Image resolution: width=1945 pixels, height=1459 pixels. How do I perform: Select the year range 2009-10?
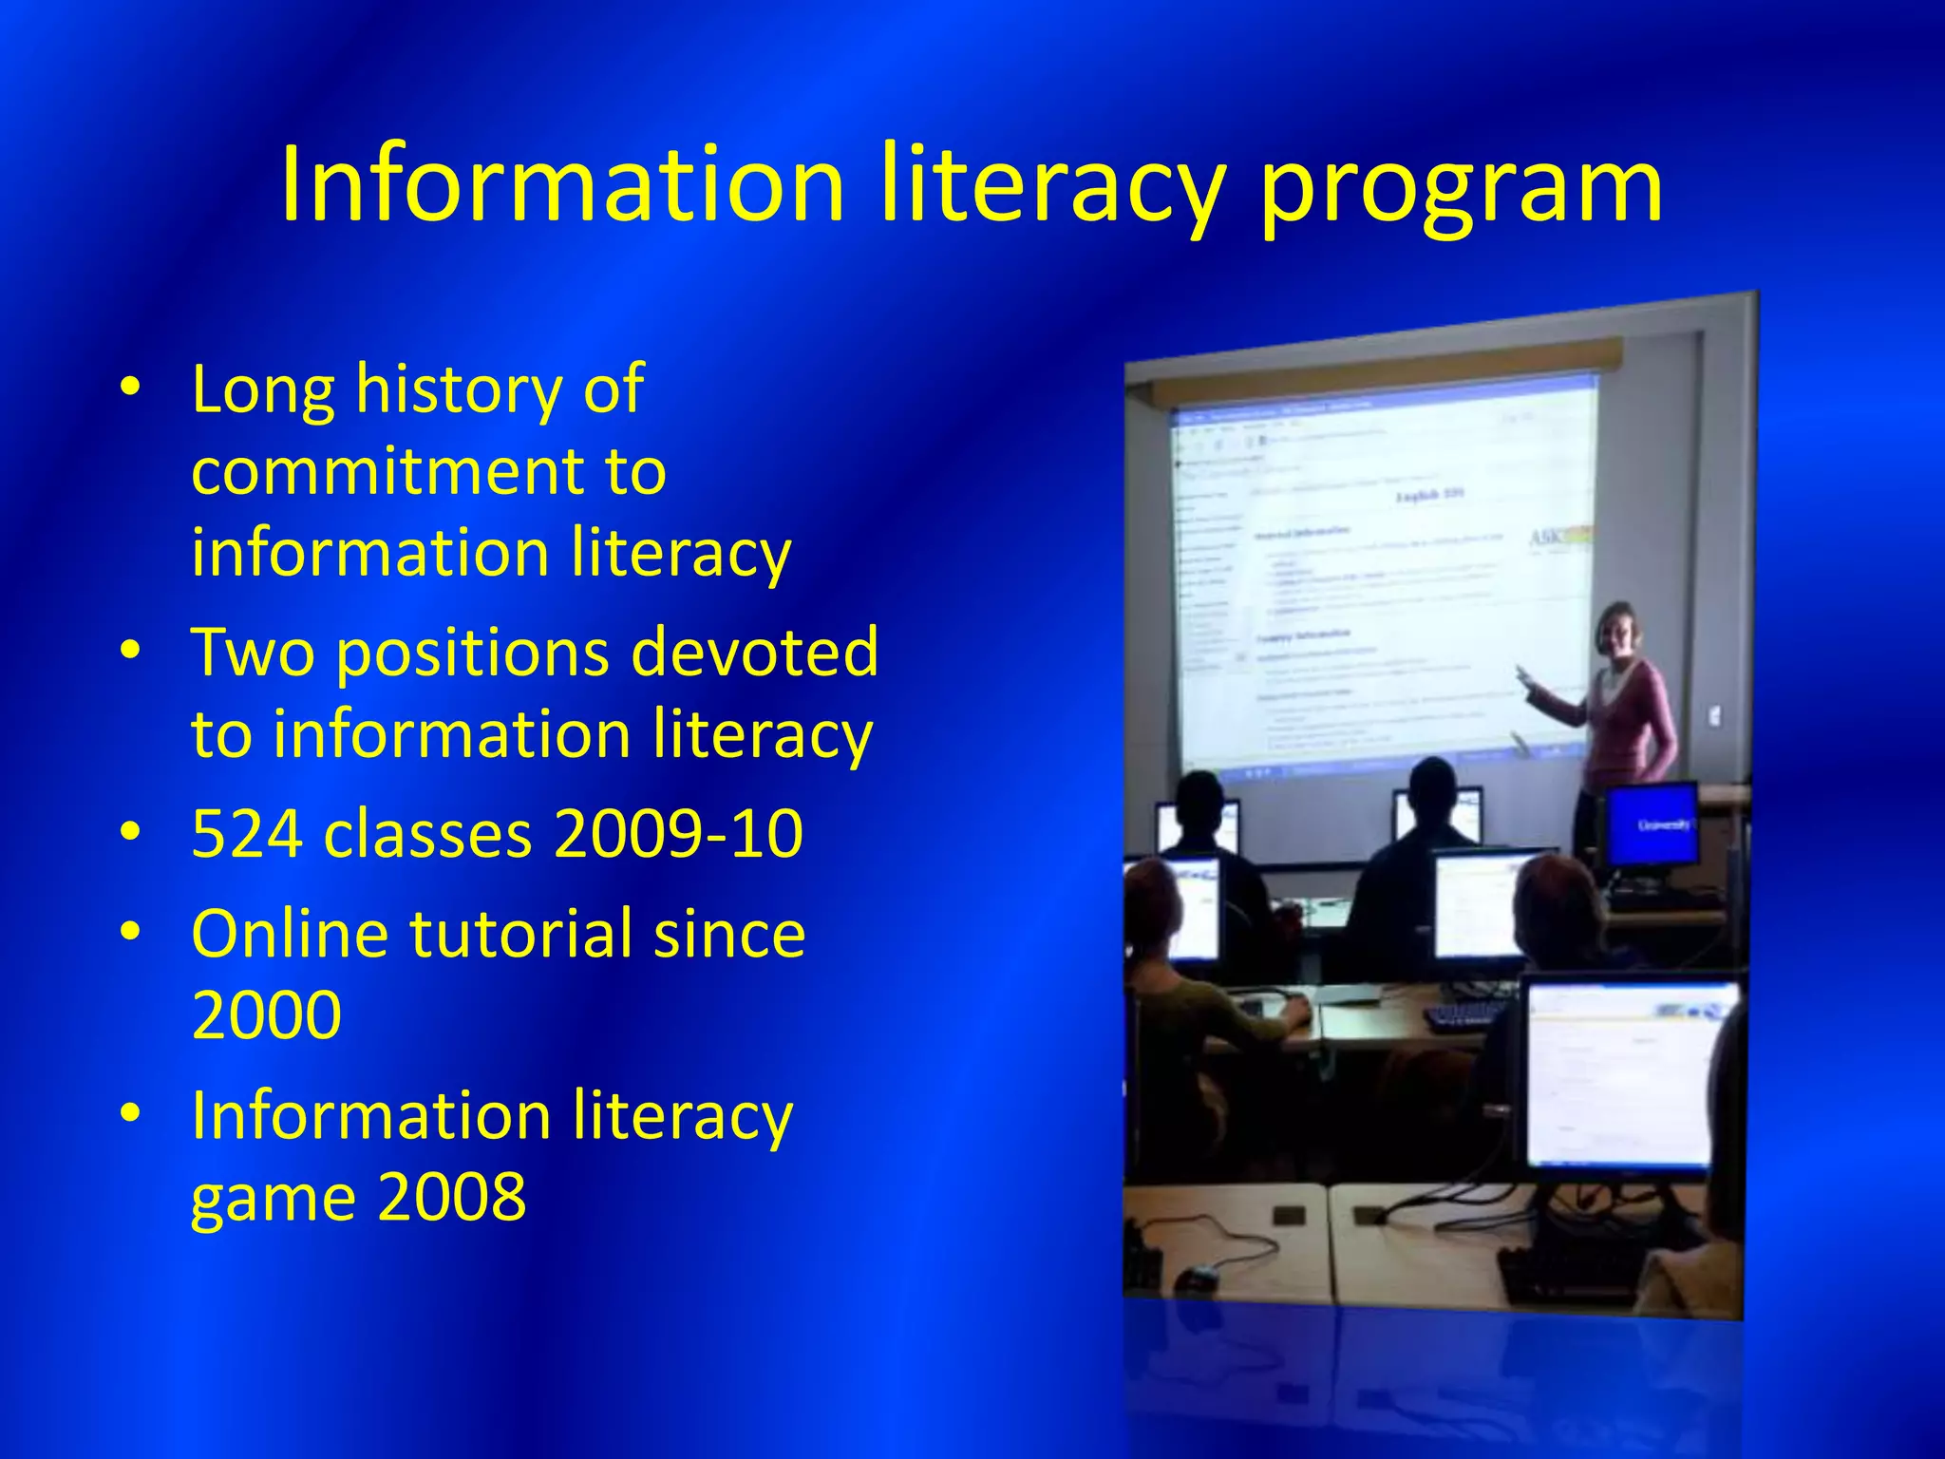678,834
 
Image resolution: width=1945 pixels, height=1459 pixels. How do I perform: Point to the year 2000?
266,1014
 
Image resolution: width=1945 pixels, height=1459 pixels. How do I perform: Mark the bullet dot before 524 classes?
131,832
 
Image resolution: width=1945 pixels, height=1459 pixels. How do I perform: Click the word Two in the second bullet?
253,652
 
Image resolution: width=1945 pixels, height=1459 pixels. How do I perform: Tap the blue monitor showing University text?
1652,823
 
